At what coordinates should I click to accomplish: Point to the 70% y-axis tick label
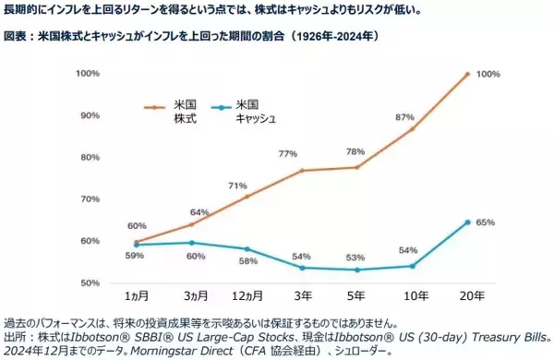click(x=90, y=199)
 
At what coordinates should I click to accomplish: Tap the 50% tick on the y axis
click(x=90, y=282)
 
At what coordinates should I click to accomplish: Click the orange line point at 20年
click(x=468, y=74)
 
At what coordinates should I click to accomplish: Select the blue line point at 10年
click(x=412, y=266)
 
